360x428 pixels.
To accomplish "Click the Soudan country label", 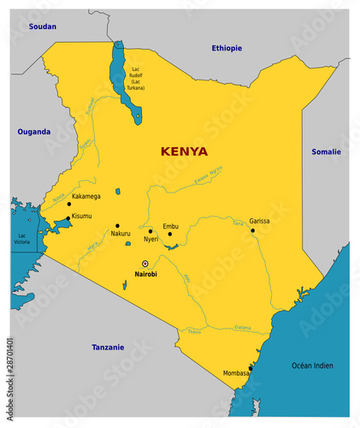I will pos(43,27).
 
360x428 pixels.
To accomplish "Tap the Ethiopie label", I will pos(227,48).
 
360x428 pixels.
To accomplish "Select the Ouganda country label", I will pos(34,132).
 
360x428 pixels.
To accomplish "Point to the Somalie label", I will pos(325,152).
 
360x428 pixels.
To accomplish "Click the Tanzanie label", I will pos(108,347).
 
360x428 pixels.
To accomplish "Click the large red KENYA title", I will pos(184,152).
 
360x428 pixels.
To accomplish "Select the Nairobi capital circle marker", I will pos(145,263).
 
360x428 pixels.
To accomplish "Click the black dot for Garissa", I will pos(252,229).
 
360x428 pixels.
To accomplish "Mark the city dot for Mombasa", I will pos(251,368).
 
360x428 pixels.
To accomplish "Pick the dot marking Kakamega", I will pos(68,204).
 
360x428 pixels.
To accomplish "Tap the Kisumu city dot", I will pos(68,217).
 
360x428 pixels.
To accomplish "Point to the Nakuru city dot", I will pos(117,226).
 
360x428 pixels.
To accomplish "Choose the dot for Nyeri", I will pos(150,230).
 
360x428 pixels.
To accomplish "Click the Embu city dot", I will pos(169,234).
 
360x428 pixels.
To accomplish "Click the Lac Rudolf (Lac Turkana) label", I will pos(135,78).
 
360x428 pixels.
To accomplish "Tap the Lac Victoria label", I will pos(23,239).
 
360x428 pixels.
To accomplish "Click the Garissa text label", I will pos(260,220).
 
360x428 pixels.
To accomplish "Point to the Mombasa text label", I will pos(237,374).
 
